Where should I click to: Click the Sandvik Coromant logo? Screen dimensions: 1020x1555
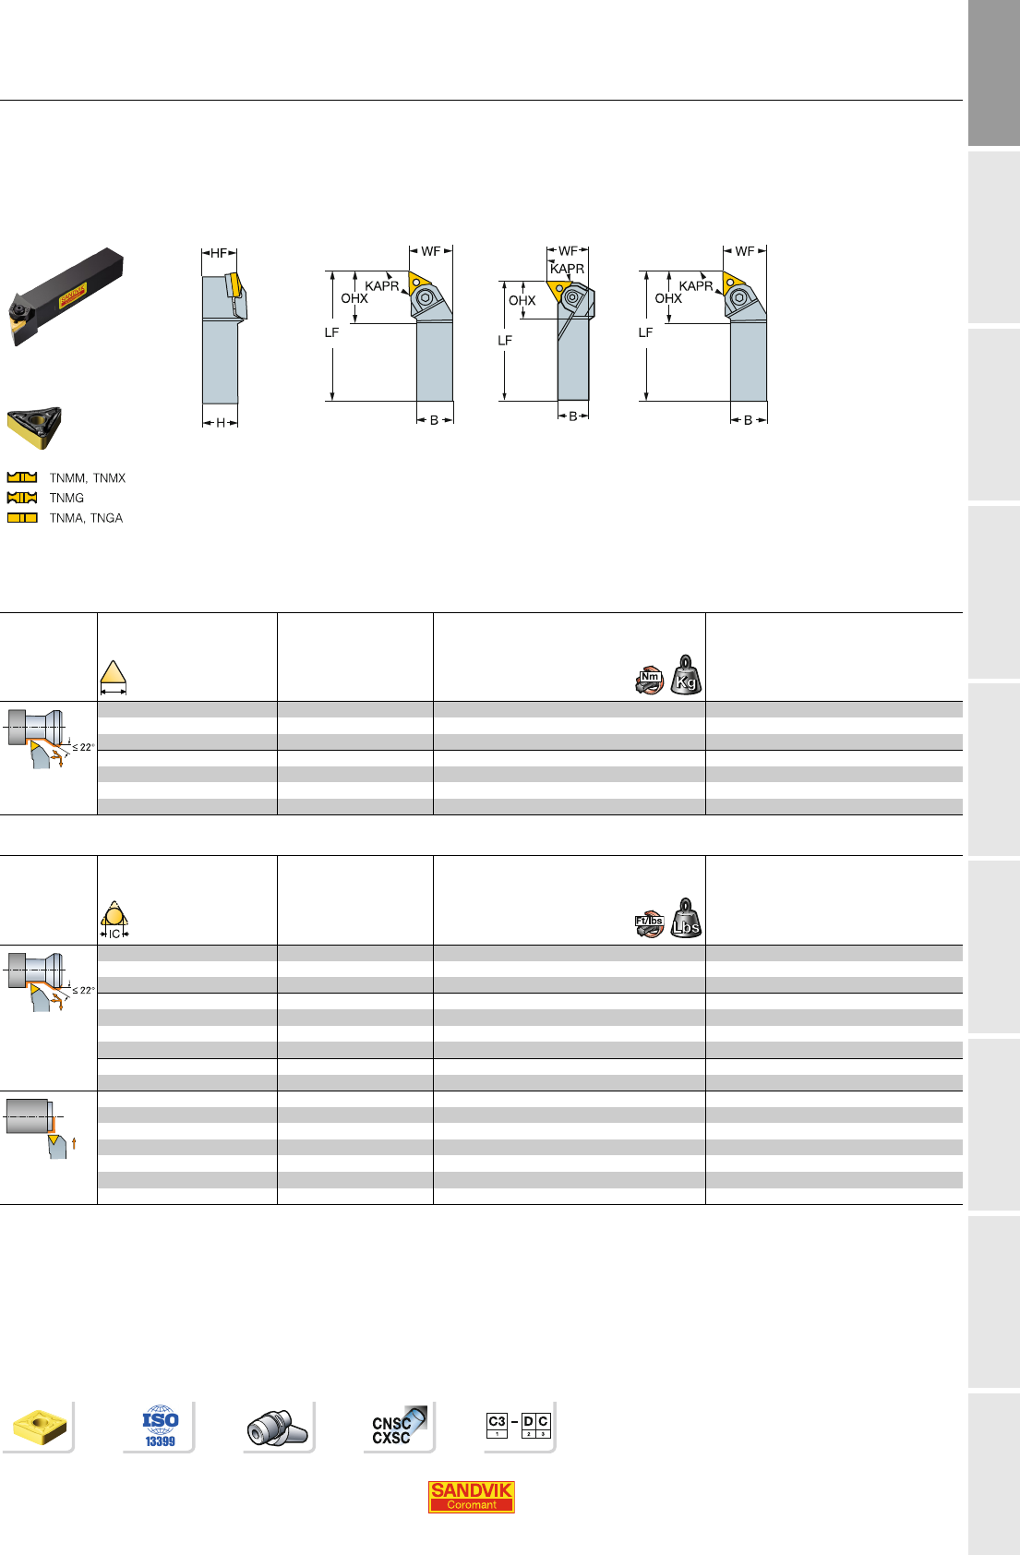click(471, 1496)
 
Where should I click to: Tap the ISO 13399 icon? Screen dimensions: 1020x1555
click(161, 1427)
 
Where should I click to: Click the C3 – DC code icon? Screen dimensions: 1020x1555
click(519, 1425)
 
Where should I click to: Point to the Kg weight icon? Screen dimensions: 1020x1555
click(686, 675)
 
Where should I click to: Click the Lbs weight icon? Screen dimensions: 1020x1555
click(686, 918)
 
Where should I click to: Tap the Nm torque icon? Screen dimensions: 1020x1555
click(650, 681)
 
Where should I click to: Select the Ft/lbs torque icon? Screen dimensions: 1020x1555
click(650, 924)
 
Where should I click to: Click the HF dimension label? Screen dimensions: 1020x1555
click(219, 253)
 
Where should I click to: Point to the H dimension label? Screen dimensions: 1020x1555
click(221, 423)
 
